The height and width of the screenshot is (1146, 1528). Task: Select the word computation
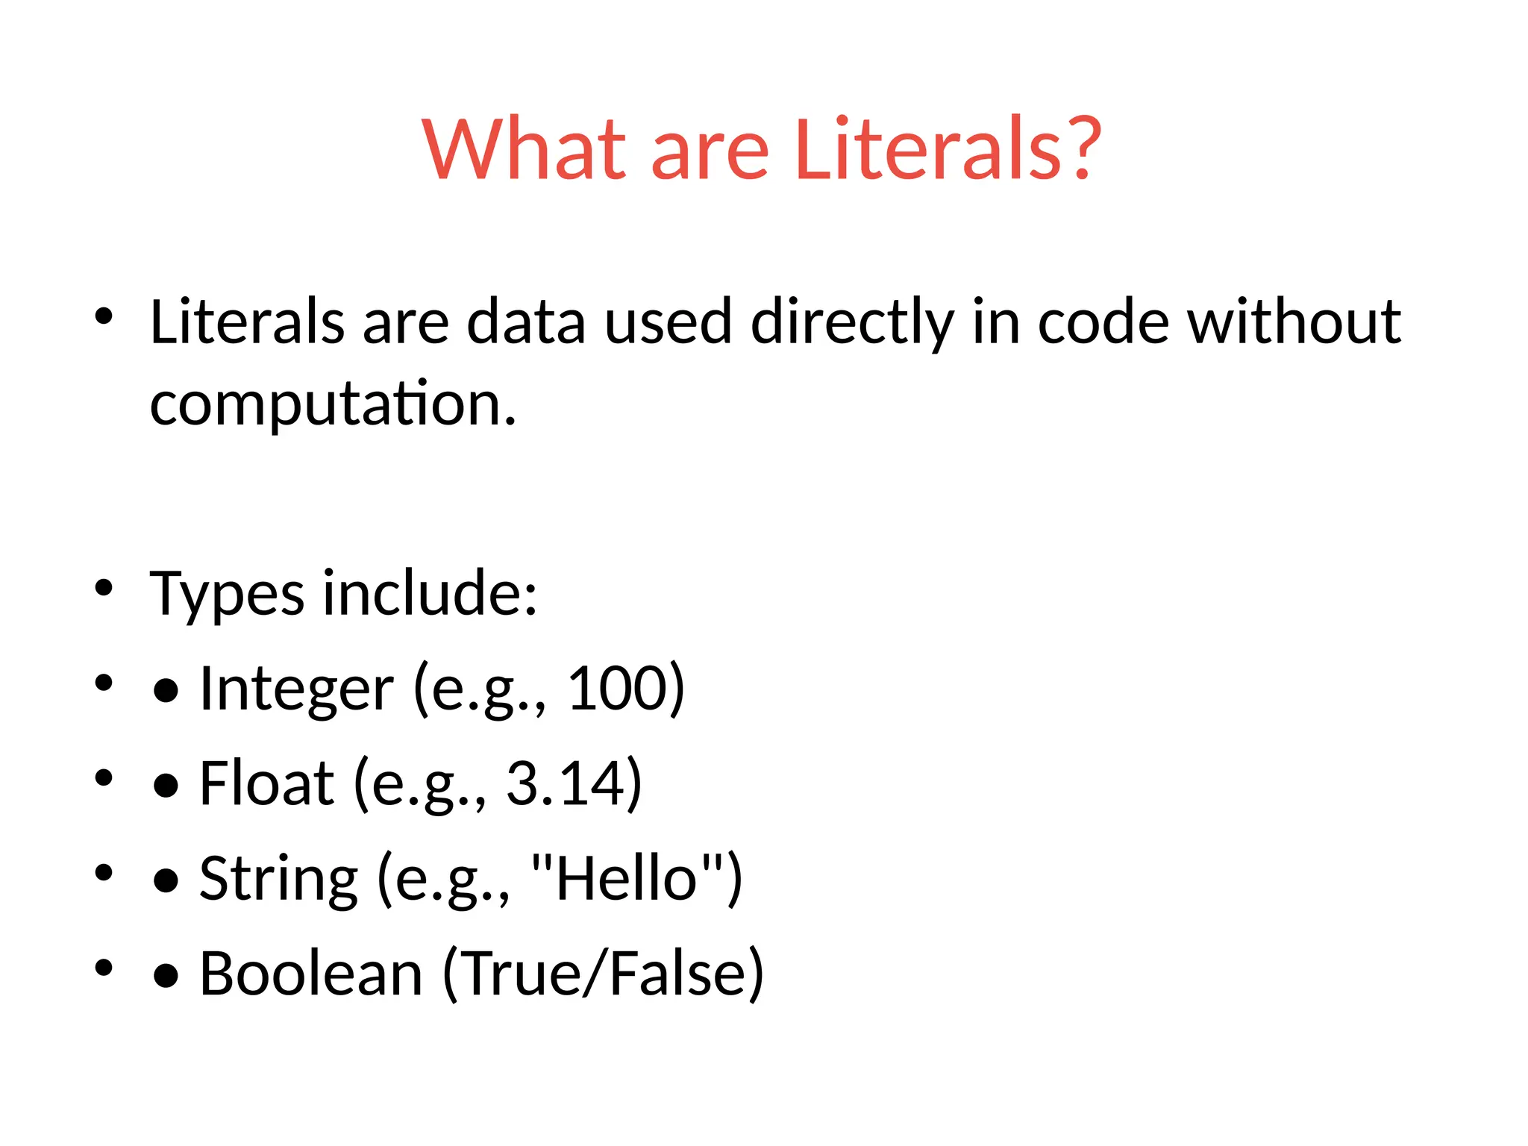pyautogui.click(x=332, y=404)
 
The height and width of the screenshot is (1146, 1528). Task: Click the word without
pyautogui.click(x=1294, y=322)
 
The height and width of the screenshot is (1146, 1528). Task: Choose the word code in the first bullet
pyautogui.click(x=1103, y=322)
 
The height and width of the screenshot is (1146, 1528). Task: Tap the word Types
pyautogui.click(x=227, y=595)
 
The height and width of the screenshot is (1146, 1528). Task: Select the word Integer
pyautogui.click(x=296, y=689)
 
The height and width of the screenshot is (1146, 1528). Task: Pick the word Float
pyautogui.click(x=266, y=783)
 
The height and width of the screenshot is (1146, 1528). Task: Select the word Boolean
pyautogui.click(x=311, y=974)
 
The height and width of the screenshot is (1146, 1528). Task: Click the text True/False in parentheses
pyautogui.click(x=603, y=974)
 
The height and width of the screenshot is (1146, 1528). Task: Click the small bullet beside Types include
pyautogui.click(x=104, y=588)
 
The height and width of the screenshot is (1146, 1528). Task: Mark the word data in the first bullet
pyautogui.click(x=526, y=322)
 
